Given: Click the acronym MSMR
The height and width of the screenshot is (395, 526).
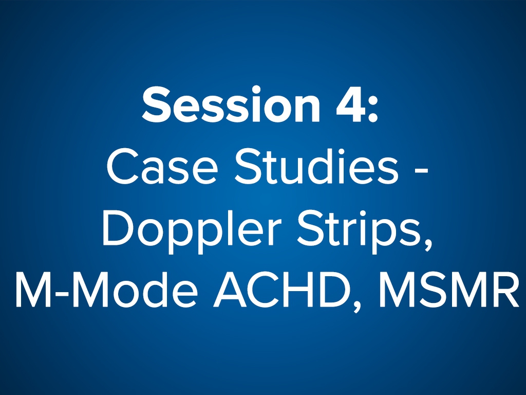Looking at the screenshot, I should (x=445, y=291).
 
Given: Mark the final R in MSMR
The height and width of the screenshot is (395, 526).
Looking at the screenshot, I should (x=503, y=291).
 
